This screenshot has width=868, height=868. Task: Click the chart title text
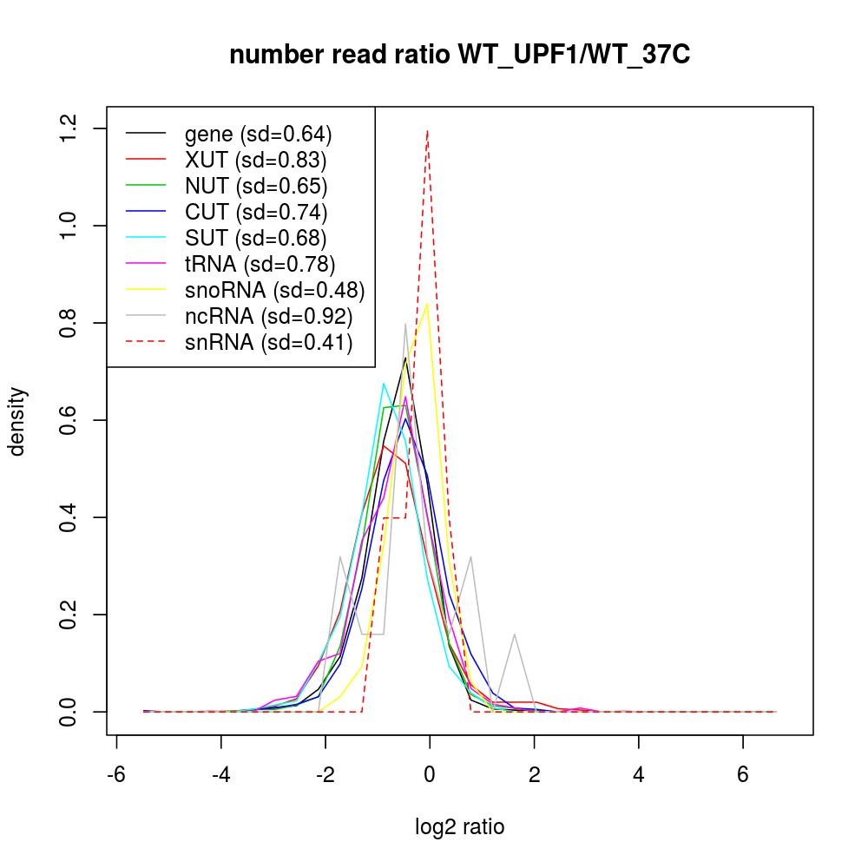(x=459, y=56)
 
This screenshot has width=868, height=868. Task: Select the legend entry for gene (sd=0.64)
(x=258, y=135)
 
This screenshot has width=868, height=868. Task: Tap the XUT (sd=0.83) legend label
(x=255, y=161)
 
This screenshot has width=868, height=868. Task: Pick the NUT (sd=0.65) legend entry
(x=255, y=187)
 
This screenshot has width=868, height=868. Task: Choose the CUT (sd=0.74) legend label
(x=255, y=212)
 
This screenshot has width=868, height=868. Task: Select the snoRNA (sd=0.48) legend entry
(x=274, y=290)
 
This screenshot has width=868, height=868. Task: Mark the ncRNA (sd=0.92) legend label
(x=268, y=316)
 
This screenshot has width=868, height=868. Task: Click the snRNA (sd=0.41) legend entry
(x=268, y=342)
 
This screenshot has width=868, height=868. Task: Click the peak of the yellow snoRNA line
(x=427, y=304)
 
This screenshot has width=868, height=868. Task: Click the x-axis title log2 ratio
(x=459, y=827)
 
